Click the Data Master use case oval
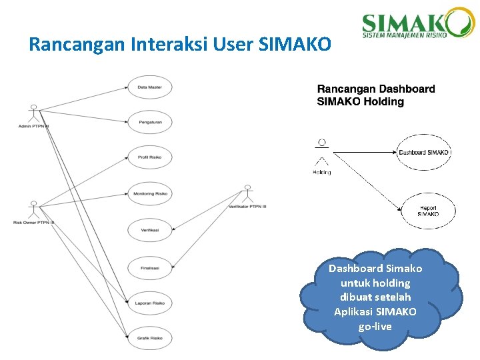point(150,87)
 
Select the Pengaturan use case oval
point(150,122)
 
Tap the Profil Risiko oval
point(150,157)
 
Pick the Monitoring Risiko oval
point(150,193)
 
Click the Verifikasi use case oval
point(150,230)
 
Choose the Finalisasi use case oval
point(150,268)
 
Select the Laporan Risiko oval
point(150,303)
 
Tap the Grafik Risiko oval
point(150,338)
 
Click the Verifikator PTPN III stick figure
point(248,194)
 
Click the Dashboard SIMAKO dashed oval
point(424,152)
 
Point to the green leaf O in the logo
point(460,22)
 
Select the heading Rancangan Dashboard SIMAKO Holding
point(376,95)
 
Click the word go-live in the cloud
point(375,327)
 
